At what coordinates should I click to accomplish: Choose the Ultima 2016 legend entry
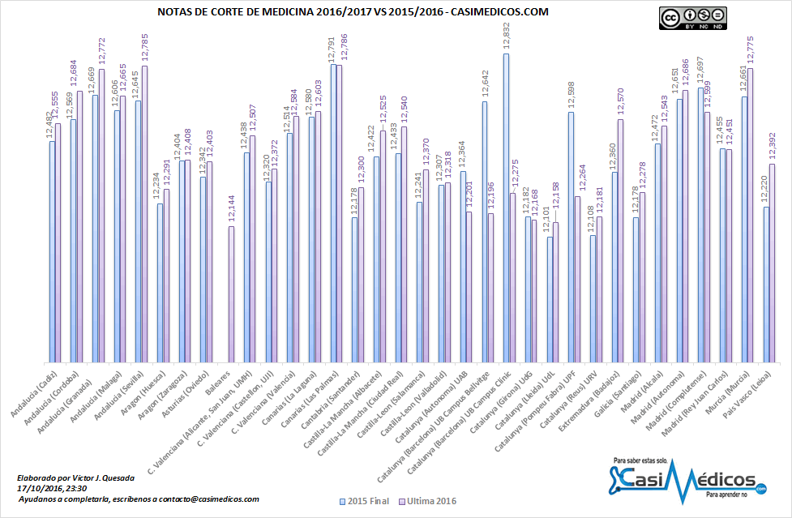click(x=430, y=502)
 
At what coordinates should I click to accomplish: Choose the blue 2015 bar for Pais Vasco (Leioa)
click(x=765, y=284)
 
